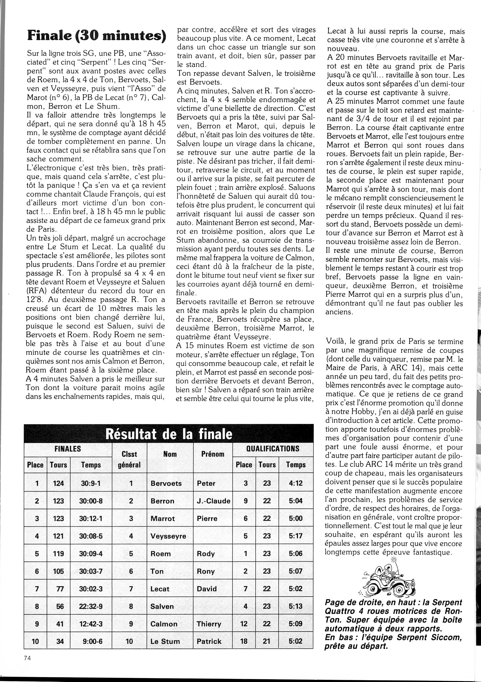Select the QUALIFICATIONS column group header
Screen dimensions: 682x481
tap(273, 448)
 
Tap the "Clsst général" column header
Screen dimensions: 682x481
tap(129, 459)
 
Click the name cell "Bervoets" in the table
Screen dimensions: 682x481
tap(166, 483)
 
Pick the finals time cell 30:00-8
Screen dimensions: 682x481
tap(91, 501)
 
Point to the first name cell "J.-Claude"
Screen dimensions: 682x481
tap(213, 501)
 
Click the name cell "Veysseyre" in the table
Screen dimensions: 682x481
tap(168, 536)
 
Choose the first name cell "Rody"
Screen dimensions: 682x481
tap(206, 554)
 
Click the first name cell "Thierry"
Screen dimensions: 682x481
tap(209, 624)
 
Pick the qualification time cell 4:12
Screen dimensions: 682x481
tap(295, 483)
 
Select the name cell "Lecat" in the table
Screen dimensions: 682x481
tap(160, 589)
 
